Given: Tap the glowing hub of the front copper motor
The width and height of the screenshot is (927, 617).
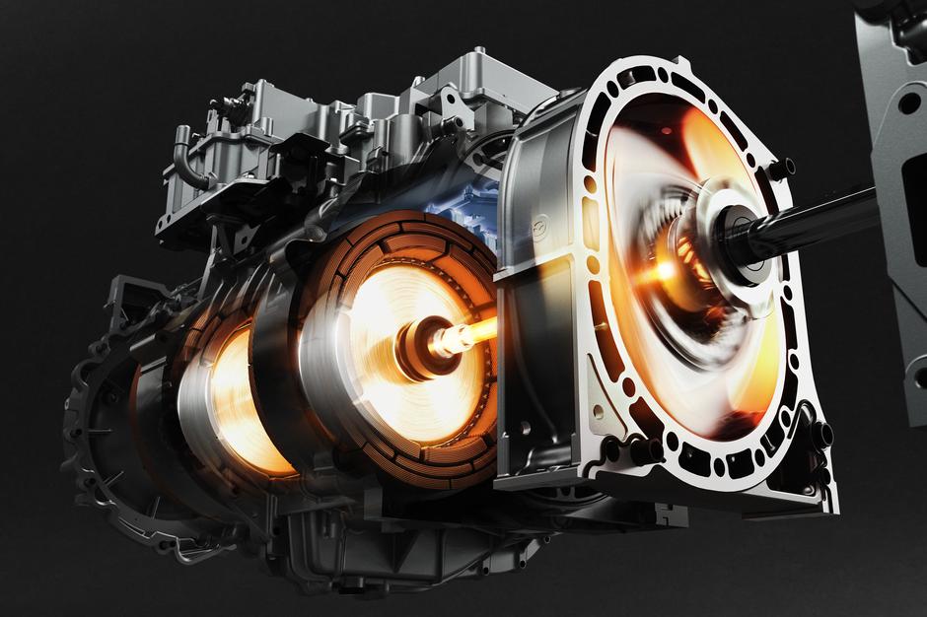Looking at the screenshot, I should (x=423, y=345).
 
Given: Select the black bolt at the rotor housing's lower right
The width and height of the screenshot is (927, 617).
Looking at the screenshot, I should (x=819, y=434).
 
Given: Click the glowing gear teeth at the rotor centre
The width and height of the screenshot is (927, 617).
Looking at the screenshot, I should (x=680, y=266).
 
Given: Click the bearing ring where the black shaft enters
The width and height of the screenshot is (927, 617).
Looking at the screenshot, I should (x=735, y=225).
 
